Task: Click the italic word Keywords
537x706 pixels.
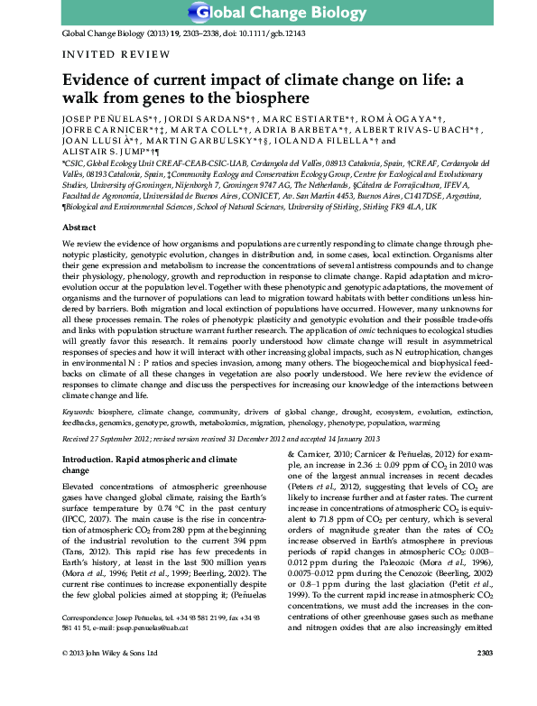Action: (x=79, y=410)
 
